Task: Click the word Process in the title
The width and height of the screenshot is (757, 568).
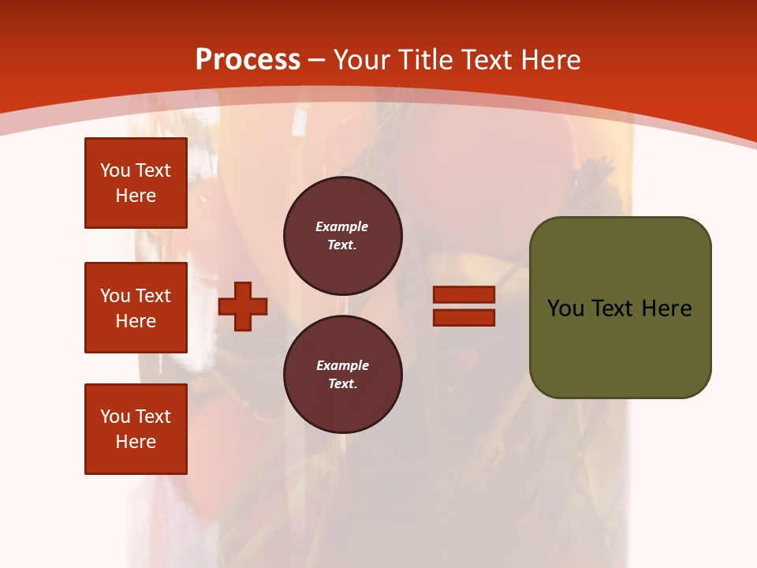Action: click(x=248, y=60)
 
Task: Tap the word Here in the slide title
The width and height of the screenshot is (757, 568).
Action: click(x=550, y=60)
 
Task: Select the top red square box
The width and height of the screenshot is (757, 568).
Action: click(x=136, y=183)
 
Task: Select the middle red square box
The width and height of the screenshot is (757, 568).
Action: click(x=136, y=308)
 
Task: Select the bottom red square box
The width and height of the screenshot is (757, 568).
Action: click(x=136, y=429)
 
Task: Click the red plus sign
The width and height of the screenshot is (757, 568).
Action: click(x=243, y=305)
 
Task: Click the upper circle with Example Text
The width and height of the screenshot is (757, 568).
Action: click(x=343, y=236)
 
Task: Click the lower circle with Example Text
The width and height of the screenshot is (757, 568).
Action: click(x=343, y=374)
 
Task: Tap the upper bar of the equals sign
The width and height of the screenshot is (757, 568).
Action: click(x=464, y=294)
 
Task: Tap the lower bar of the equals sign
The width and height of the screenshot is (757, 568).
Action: click(x=464, y=318)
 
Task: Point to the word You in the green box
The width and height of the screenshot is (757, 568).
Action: click(x=566, y=308)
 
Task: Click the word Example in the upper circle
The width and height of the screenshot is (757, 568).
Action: click(x=342, y=226)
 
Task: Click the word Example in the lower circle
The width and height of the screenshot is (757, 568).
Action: click(x=342, y=365)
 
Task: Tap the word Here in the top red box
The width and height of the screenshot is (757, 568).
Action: click(x=136, y=196)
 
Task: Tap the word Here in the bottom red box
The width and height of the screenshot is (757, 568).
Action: click(x=136, y=442)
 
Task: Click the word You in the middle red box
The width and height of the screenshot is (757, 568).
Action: click(x=116, y=296)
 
